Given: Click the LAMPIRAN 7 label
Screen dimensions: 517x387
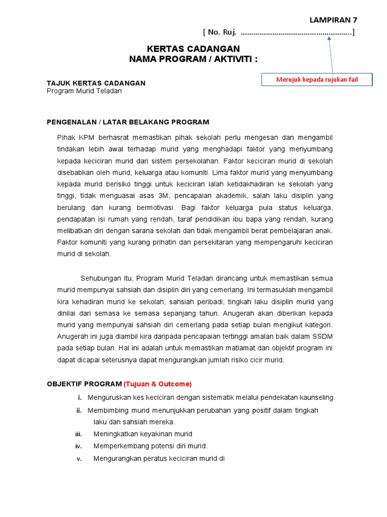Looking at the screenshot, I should click(x=333, y=20).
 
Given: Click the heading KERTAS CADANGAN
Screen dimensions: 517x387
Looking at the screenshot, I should click(x=193, y=49).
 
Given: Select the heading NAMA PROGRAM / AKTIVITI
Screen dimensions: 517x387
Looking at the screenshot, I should click(x=193, y=59).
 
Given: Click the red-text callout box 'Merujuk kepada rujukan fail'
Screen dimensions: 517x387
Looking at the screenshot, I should click(x=317, y=80).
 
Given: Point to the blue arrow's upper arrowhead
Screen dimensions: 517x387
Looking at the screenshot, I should click(x=329, y=38).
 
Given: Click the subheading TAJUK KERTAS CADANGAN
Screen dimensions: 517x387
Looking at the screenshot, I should click(x=96, y=83).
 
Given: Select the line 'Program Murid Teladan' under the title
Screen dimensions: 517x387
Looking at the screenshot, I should click(x=84, y=91).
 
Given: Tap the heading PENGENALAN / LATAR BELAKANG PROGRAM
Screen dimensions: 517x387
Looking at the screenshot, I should click(x=127, y=122).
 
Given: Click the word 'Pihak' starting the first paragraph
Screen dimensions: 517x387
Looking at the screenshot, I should click(x=66, y=138).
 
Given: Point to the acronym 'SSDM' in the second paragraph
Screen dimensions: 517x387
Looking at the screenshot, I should click(x=322, y=336).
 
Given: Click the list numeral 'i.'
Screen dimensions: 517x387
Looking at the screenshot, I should click(x=79, y=397).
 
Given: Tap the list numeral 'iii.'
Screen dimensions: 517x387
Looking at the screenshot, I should click(x=78, y=434).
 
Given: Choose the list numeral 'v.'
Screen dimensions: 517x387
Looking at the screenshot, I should click(x=79, y=459).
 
